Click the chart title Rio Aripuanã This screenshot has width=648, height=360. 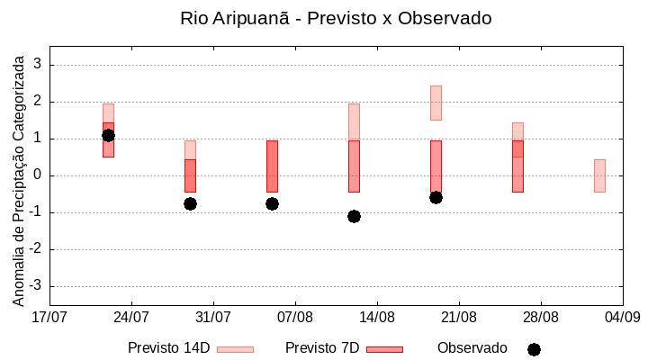tap(336, 18)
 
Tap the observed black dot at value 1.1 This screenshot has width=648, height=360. tap(108, 135)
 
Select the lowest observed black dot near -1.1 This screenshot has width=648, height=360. tap(354, 216)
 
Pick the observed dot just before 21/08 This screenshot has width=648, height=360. tap(436, 197)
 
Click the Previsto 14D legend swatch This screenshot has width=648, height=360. tap(235, 349)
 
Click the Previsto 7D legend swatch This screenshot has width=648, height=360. tap(384, 349)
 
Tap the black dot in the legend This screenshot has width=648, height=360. tap(534, 349)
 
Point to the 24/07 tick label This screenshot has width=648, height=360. tap(131, 317)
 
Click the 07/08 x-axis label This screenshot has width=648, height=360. tap(295, 317)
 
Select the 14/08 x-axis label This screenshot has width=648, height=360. tap(377, 317)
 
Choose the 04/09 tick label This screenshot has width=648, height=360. tap(622, 317)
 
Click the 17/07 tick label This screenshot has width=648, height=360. tap(49, 317)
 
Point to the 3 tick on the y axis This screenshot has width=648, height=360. tap(38, 65)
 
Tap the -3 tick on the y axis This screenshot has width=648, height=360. tap(35, 286)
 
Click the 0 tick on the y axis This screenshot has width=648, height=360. tap(38, 175)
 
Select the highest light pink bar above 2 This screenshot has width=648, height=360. tap(436, 103)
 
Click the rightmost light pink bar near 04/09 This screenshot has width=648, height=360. tap(599, 175)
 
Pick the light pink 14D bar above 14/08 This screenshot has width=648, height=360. tap(354, 121)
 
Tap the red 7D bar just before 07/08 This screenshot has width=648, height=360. tap(272, 166)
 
